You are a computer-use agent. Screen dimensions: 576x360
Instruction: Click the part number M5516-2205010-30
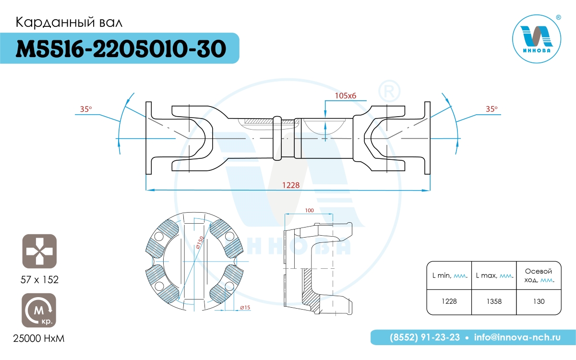pos(121,48)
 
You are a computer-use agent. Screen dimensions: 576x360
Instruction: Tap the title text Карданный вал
pos(69,23)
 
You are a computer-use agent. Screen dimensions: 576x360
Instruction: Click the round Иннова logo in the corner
pos(537,39)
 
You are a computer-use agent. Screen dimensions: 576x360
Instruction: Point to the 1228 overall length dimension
pos(291,185)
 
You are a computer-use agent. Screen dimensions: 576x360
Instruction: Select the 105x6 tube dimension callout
pos(345,96)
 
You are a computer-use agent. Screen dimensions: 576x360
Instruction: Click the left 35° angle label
pos(86,109)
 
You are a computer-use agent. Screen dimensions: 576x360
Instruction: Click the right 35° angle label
pos(492,109)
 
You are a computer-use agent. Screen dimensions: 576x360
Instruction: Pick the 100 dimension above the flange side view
pos(309,210)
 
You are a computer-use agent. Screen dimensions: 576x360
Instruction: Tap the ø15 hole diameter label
pos(245,307)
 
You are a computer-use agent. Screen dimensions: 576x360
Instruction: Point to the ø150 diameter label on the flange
pos(200,242)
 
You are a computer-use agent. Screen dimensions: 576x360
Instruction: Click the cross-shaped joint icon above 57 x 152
pos(39,251)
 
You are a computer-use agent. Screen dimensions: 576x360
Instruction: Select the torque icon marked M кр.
pos(39,310)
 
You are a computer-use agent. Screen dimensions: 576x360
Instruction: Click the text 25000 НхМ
pos(38,339)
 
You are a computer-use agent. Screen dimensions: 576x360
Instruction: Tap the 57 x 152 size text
pos(39,279)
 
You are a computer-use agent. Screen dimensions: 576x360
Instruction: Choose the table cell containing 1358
pos(494,302)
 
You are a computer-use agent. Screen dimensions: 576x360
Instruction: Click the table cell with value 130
pos(539,302)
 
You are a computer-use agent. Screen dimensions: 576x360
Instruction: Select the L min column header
pos(449,276)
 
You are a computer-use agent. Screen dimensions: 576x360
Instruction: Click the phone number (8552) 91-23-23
pos(424,337)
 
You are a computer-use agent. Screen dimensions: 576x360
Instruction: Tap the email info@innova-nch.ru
pos(517,337)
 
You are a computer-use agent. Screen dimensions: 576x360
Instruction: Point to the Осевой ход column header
pos(539,276)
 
